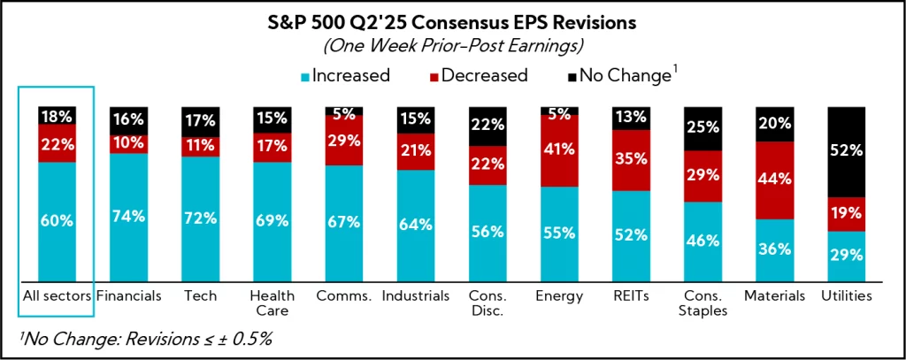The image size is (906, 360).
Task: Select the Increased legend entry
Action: tap(346, 75)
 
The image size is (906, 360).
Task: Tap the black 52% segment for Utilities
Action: tap(846, 151)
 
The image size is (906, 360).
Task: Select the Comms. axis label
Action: tap(343, 295)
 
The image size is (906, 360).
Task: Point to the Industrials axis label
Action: tap(415, 295)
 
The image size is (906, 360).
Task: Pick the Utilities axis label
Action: tap(846, 295)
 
